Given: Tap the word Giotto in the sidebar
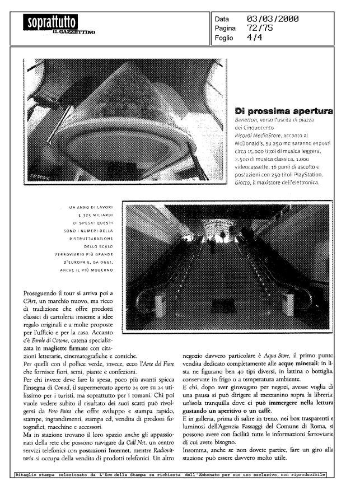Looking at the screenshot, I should point(243,197).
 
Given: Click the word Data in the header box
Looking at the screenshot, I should point(222,20).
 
